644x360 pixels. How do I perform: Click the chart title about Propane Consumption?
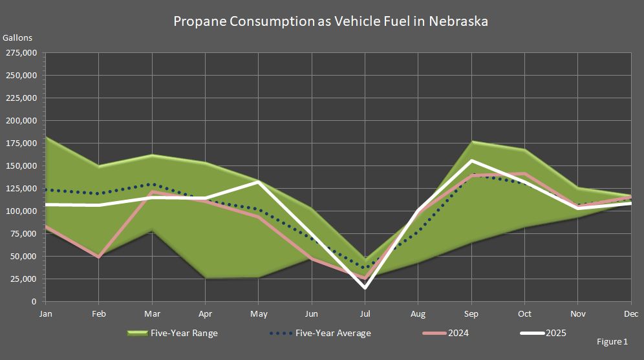pos(330,21)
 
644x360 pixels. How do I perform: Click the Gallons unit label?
pos(17,38)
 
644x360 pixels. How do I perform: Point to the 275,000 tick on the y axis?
pos(22,53)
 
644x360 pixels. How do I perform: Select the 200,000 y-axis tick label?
pos(22,121)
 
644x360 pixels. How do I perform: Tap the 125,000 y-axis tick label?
pos(22,189)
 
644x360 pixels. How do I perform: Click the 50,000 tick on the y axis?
pos(24,257)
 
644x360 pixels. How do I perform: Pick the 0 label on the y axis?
pos(36,302)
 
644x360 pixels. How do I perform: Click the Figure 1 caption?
pos(612,341)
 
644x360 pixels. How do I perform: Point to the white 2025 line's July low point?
pos(365,288)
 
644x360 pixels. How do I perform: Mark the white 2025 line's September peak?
pos(471,160)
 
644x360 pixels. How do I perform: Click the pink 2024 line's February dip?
pos(98,257)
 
